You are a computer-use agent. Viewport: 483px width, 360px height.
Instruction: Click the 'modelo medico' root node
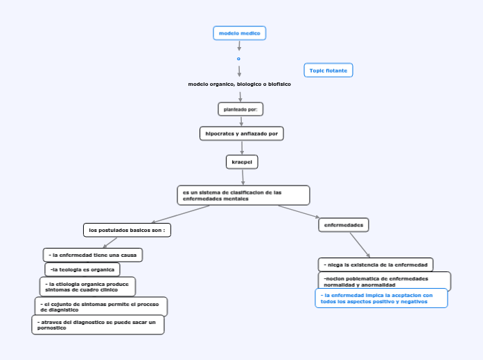pyautogui.click(x=239, y=33)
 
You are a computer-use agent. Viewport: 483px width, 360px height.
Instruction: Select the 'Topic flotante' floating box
pyautogui.click(x=328, y=70)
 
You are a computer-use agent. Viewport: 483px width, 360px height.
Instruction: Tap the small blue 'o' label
pyautogui.click(x=239, y=58)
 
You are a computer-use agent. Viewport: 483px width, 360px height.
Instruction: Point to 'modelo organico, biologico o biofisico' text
pyautogui.click(x=239, y=84)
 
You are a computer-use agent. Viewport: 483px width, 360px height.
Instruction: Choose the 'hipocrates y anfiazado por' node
pyautogui.click(x=241, y=133)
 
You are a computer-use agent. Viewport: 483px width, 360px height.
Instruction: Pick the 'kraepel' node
pyautogui.click(x=242, y=162)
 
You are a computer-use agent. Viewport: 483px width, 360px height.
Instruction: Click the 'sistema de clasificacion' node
pyautogui.click(x=243, y=195)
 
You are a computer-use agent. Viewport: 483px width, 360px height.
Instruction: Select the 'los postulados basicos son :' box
pyautogui.click(x=127, y=230)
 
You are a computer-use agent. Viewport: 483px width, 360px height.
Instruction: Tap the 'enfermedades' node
pyautogui.click(x=344, y=225)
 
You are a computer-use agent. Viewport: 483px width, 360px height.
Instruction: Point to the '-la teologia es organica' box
pyautogui.click(x=82, y=269)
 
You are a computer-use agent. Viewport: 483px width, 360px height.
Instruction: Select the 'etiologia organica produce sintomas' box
pyautogui.click(x=87, y=287)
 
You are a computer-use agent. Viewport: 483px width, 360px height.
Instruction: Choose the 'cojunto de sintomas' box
pyautogui.click(x=100, y=307)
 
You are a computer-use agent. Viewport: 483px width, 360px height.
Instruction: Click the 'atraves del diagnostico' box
pyautogui.click(x=98, y=325)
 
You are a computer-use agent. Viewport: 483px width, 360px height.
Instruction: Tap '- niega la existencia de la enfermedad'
pyautogui.click(x=376, y=264)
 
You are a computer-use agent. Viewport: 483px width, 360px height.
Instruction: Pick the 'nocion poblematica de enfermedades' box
pyautogui.click(x=385, y=281)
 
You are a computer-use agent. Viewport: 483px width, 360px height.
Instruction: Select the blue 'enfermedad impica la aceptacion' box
pyautogui.click(x=381, y=298)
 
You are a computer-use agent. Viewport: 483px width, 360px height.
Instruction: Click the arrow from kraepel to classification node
pyautogui.click(x=243, y=177)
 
